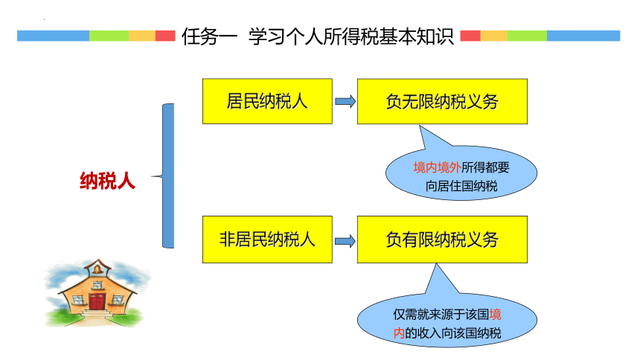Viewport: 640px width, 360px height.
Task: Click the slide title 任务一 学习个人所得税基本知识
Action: coord(317,36)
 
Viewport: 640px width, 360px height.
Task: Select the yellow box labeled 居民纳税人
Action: coord(267,101)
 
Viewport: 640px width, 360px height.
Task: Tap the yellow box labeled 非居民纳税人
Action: coord(267,240)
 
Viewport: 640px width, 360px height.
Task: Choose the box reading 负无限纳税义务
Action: coord(442,101)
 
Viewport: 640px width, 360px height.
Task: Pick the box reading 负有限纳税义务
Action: coord(442,240)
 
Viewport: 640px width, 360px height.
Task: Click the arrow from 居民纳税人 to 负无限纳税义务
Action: coord(345,101)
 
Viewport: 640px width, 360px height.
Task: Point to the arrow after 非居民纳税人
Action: coord(345,241)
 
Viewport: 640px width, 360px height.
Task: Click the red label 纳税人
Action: coord(107,181)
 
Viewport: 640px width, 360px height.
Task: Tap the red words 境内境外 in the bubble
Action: coord(437,167)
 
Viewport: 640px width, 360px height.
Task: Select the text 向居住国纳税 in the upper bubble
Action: coord(461,186)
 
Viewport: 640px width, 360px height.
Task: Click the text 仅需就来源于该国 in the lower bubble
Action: coord(441,315)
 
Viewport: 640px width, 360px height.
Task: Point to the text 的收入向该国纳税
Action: coord(452,333)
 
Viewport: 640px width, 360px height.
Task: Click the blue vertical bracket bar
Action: coord(169,176)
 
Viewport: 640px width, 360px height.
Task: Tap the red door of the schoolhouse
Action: coord(97,302)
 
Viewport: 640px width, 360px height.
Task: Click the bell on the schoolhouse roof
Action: coord(97,269)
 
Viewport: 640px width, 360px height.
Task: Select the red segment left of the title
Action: coord(165,36)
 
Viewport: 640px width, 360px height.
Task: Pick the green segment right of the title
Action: coord(527,36)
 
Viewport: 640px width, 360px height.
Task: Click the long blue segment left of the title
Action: coord(53,36)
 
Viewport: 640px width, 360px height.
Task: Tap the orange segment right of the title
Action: coord(493,36)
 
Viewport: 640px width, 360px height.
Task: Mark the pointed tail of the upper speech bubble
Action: coord(420,126)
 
